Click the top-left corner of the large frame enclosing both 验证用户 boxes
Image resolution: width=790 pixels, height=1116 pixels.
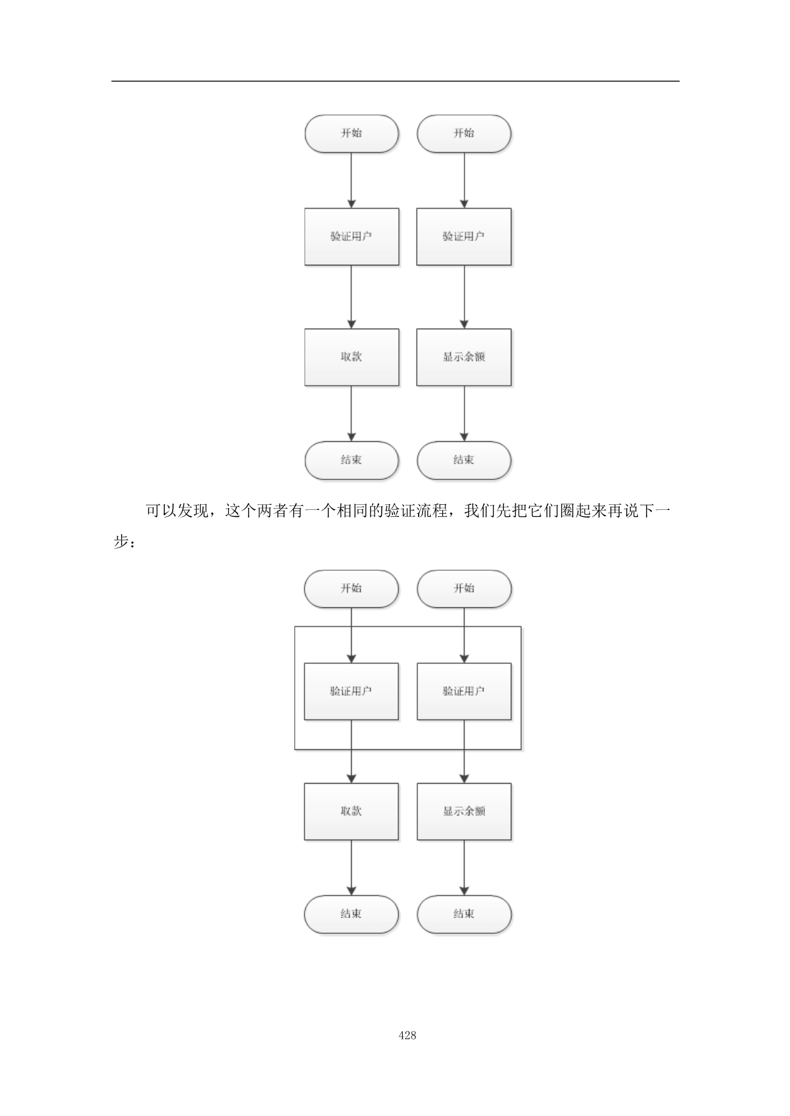(x=295, y=627)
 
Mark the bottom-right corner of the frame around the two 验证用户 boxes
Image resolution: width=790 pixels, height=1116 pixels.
(x=521, y=749)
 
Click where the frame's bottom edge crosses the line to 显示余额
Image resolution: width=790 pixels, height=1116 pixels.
(x=464, y=749)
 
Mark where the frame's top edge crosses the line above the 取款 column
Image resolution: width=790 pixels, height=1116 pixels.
(x=351, y=627)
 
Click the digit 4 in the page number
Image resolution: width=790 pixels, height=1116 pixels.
(x=401, y=1036)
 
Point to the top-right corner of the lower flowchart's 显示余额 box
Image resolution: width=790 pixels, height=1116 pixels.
(x=511, y=784)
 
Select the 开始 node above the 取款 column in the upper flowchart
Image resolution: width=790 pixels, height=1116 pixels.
(x=352, y=134)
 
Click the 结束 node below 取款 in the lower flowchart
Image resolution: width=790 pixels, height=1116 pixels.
(x=351, y=914)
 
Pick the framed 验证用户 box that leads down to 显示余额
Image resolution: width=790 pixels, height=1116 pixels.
(x=464, y=691)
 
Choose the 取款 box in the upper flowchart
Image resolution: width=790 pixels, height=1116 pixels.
(x=352, y=357)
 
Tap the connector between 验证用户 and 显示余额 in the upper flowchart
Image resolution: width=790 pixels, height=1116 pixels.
(x=464, y=297)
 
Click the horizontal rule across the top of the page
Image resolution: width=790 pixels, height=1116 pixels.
(x=395, y=81)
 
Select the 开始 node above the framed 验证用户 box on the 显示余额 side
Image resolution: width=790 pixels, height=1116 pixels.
(x=464, y=589)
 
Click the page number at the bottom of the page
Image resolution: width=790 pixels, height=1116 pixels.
(x=408, y=1036)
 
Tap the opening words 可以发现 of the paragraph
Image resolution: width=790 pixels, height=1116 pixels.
(x=176, y=511)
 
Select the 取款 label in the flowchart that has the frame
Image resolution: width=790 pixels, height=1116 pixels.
(x=351, y=811)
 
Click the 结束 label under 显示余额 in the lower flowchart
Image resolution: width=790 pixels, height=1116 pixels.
(x=464, y=914)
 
